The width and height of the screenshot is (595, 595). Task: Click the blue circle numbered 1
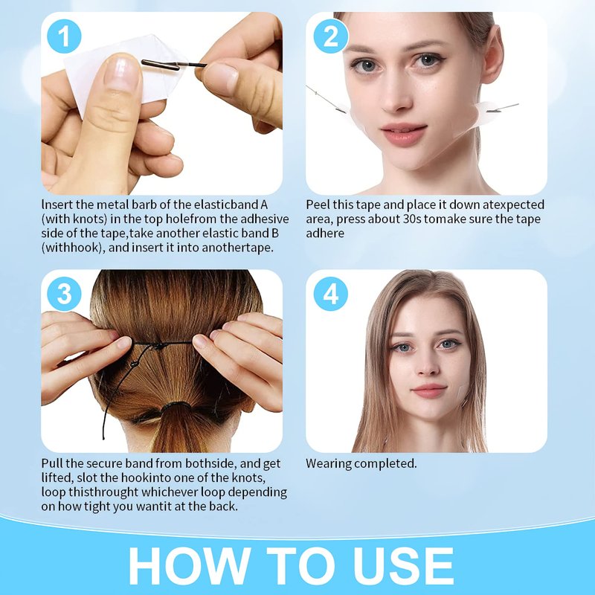coord(64,36)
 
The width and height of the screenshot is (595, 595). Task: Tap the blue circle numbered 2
coord(331,36)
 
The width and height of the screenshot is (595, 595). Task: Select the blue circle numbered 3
coord(64,294)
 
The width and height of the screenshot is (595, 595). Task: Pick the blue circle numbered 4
coord(331,294)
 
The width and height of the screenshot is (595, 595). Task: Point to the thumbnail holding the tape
coord(122,73)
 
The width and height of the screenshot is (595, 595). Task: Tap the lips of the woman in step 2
coord(404,135)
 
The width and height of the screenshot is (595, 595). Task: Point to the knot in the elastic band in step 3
coord(158,345)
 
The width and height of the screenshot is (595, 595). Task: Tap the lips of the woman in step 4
coord(429,390)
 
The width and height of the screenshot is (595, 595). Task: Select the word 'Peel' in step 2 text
coord(318,205)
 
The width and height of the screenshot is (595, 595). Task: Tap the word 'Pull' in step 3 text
coord(52,463)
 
